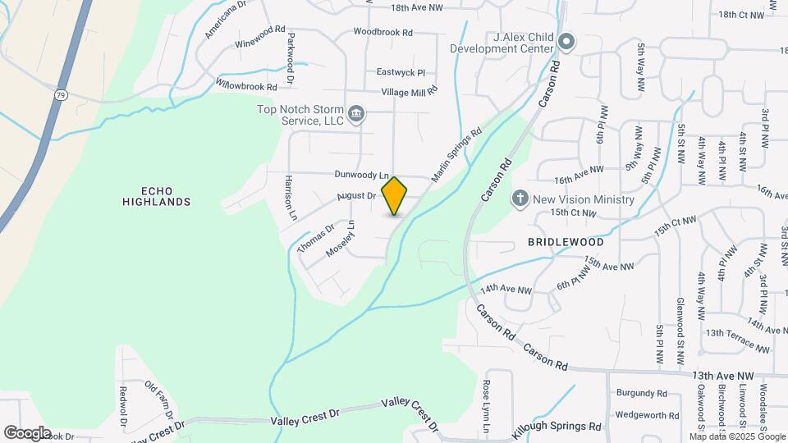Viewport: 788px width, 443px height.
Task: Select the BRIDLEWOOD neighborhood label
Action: point(566,242)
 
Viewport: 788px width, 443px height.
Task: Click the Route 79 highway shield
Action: point(60,95)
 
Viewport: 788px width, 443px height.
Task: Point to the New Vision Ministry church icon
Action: point(519,199)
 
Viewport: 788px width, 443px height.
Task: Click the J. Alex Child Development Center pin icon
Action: point(566,41)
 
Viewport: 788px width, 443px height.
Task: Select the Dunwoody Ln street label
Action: point(360,175)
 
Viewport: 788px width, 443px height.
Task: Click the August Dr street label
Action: point(357,196)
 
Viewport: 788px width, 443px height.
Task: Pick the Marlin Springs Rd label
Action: point(457,153)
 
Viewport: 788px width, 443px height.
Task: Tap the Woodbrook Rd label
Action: point(383,32)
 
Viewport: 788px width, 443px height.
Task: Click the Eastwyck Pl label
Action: point(401,71)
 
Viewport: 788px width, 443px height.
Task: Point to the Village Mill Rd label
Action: point(409,89)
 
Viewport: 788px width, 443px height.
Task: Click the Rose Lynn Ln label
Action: point(486,406)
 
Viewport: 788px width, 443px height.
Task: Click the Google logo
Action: point(27,432)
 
